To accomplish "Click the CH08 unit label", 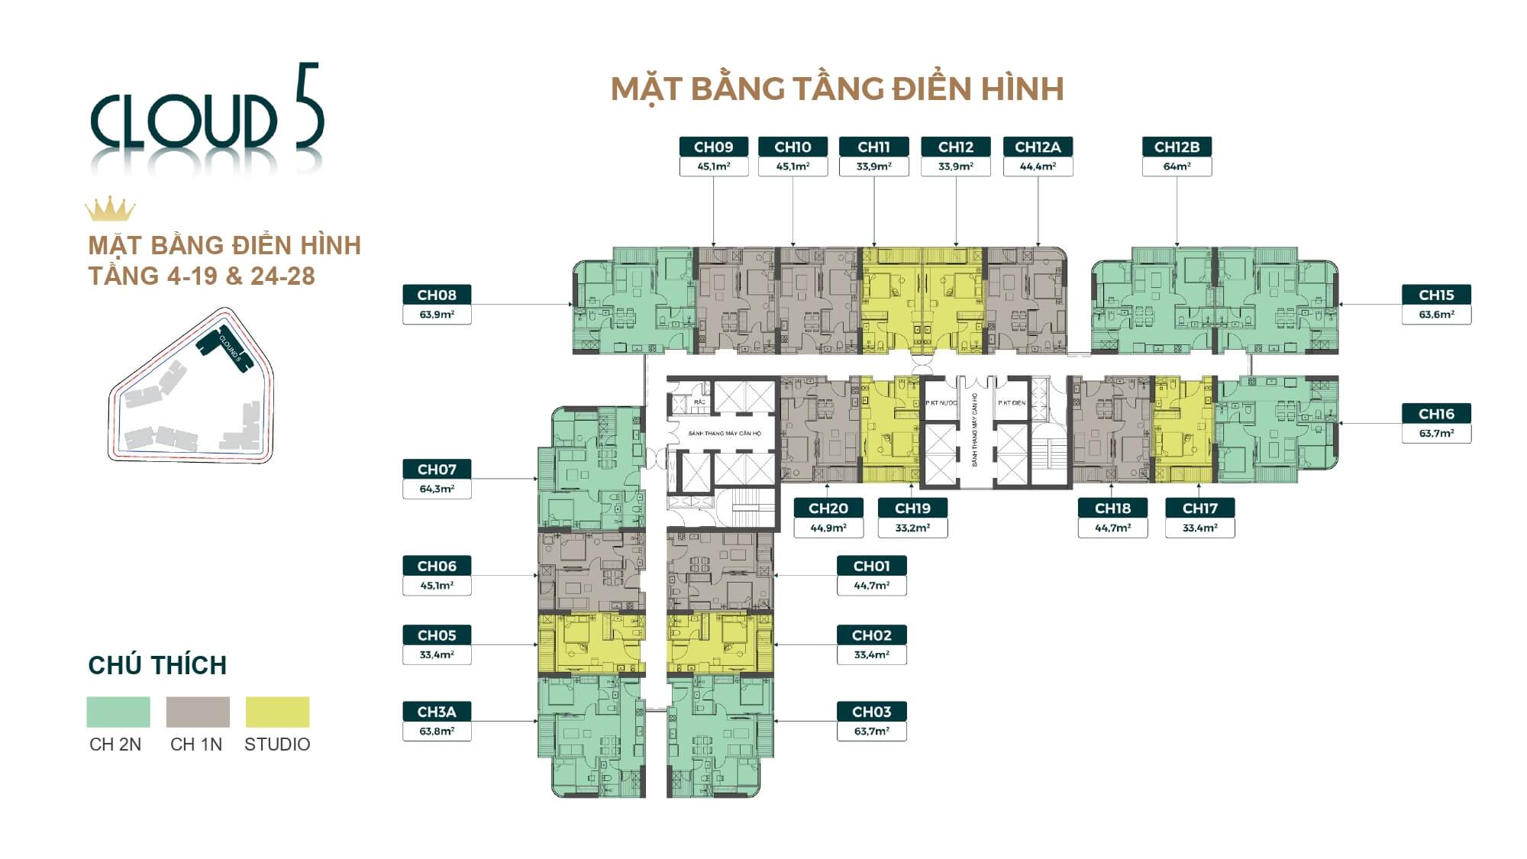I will coord(437,295).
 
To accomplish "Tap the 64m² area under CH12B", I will coord(1177,166).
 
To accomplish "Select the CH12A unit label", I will coord(1038,147).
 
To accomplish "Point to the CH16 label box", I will coord(1436,414).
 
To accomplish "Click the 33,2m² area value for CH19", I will coord(912,528).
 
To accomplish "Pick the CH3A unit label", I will coord(437,712).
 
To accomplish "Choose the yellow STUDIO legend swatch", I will coord(277,712).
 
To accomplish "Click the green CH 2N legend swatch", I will coord(118,712).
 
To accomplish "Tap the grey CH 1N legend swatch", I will coord(198,712).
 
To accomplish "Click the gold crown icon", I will coord(110,208).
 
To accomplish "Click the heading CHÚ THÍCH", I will coord(157,665).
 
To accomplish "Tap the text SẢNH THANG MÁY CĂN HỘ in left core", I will coord(724,434).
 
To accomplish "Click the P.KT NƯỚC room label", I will coord(941,402).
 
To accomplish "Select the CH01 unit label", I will coord(871,566).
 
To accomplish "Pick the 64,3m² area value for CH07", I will coord(437,489).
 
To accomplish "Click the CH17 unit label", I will coord(1199,508).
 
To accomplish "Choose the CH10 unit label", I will coord(793,147).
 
